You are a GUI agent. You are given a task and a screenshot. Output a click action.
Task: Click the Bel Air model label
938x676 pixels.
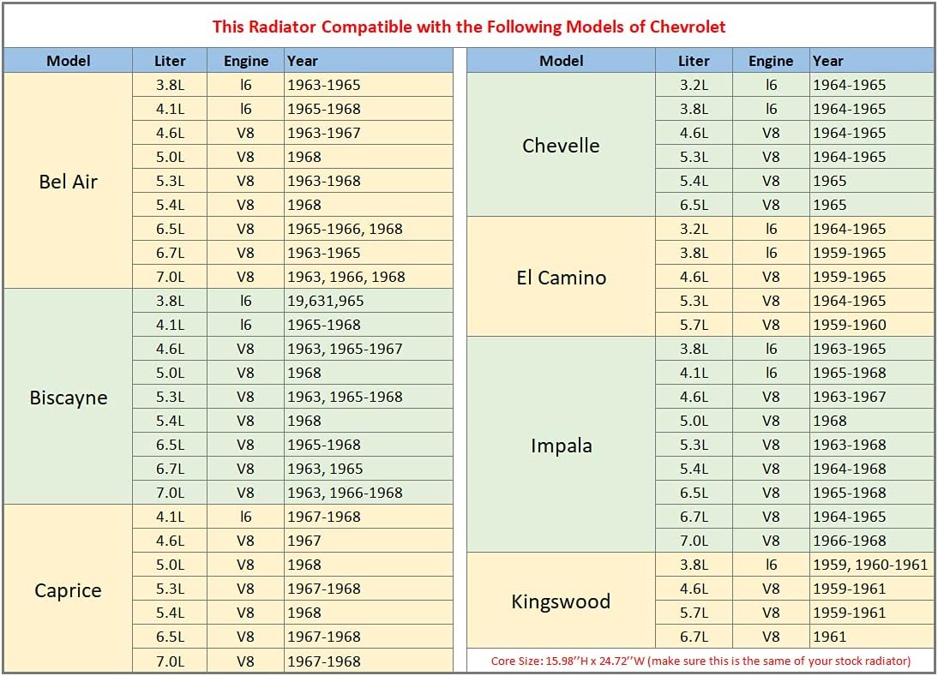69,181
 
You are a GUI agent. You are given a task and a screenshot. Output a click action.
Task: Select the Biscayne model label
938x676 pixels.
69,398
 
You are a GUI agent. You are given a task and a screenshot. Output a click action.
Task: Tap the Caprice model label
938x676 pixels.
69,590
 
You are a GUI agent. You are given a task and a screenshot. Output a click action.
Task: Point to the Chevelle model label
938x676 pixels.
561,145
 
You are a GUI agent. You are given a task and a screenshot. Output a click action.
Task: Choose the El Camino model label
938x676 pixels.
561,277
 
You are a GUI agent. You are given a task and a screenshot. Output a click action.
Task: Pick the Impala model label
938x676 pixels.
561,446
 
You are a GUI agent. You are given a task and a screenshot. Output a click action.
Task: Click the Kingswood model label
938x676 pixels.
561,601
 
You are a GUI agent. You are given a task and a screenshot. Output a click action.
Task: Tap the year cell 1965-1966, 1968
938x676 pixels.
345,229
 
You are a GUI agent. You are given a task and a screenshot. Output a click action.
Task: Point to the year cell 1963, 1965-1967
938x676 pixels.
345,349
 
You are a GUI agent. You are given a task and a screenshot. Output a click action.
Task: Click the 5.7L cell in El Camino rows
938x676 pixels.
694,325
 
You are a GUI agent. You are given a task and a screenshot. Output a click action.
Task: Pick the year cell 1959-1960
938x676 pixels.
850,325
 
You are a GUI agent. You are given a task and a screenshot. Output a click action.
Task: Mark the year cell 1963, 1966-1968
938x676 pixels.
345,493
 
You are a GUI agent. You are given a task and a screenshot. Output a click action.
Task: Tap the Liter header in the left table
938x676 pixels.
170,61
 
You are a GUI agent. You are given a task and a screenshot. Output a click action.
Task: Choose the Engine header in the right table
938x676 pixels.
771,61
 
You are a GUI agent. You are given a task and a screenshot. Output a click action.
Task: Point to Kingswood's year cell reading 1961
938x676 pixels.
830,637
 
